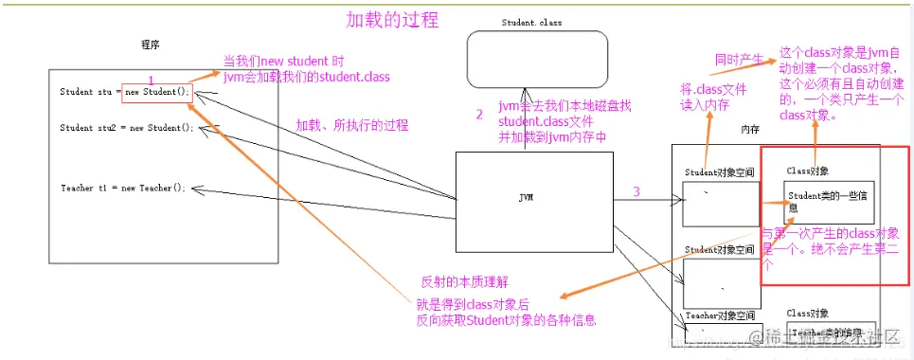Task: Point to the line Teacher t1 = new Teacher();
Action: [122, 188]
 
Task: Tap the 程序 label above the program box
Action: [150, 45]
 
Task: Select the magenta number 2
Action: [479, 115]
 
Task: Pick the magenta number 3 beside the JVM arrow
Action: [636, 191]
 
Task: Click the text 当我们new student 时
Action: [283, 61]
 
